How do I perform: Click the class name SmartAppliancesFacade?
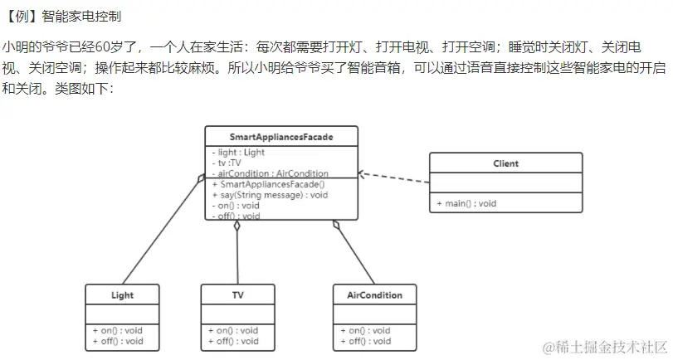[x=281, y=135]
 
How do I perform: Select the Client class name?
[x=505, y=163]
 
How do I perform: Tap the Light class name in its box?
[x=122, y=295]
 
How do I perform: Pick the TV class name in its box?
[x=237, y=295]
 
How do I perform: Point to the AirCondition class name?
[x=374, y=295]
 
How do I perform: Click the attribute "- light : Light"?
[x=241, y=153]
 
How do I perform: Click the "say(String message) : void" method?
[x=270, y=195]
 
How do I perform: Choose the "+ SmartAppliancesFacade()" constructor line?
[x=268, y=184]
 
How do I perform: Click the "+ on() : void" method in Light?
[x=118, y=330]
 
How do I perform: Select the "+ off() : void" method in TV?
[x=233, y=341]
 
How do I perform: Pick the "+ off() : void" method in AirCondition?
[x=365, y=341]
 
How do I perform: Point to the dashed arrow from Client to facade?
[x=395, y=178]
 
